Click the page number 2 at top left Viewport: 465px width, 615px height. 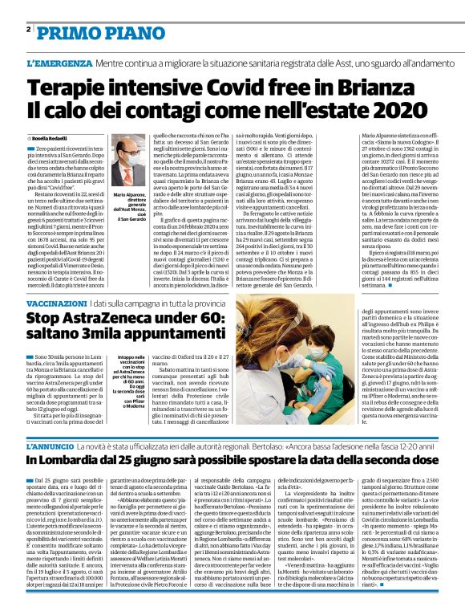pos(28,31)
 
